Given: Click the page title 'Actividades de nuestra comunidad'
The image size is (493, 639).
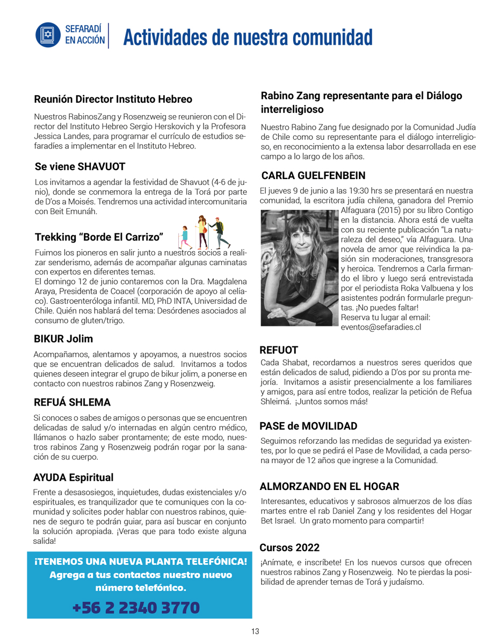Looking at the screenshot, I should pyautogui.click(x=248, y=37).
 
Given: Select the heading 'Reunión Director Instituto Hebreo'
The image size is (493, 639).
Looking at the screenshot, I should pyautogui.click(x=113, y=100).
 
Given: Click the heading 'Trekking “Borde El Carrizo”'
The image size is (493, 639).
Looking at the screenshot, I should pyautogui.click(x=99, y=237).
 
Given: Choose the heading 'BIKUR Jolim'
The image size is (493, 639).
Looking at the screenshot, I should pyautogui.click(x=63, y=339).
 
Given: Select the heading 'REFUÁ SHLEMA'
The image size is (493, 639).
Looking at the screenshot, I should pyautogui.click(x=72, y=402).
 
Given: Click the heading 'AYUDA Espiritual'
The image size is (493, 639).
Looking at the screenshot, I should pyautogui.click(x=73, y=477).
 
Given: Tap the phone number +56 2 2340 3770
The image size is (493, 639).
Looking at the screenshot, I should pyautogui.click(x=136, y=608).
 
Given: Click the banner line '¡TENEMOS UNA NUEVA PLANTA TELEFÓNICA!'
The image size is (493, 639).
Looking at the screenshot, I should pyautogui.click(x=140, y=562).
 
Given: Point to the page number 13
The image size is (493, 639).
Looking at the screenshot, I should pyautogui.click(x=255, y=631).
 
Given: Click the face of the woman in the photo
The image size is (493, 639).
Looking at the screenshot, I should pyautogui.click(x=301, y=248).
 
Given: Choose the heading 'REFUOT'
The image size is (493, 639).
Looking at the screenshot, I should pyautogui.click(x=279, y=350).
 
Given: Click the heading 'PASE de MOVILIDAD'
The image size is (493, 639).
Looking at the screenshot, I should pyautogui.click(x=308, y=426).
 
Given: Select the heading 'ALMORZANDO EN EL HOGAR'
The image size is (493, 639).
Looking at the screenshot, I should pyautogui.click(x=329, y=487).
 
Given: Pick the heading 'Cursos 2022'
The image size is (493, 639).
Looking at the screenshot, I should pyautogui.click(x=289, y=548).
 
